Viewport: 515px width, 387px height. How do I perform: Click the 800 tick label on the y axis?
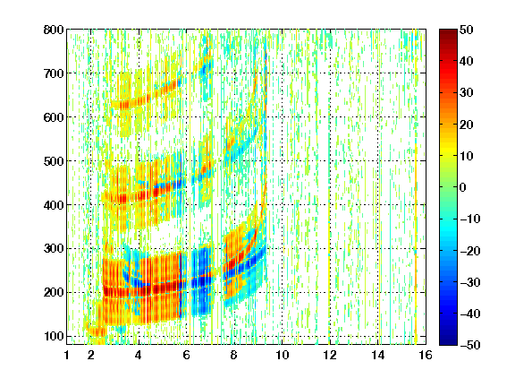[x=54, y=30]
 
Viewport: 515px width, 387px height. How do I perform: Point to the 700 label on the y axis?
[x=54, y=73]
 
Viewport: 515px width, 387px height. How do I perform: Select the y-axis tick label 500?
[x=54, y=161]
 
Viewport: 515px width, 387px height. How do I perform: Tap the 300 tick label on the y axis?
[x=54, y=249]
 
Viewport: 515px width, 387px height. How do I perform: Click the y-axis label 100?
[x=54, y=336]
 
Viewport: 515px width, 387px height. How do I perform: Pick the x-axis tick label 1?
[x=67, y=355]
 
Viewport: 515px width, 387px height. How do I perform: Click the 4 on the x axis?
[x=139, y=355]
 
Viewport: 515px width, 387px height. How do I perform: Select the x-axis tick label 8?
[x=234, y=355]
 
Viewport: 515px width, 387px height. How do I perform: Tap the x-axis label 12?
[x=330, y=355]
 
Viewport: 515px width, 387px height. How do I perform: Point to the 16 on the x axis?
[x=426, y=355]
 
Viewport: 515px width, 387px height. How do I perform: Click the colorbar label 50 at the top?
[x=467, y=30]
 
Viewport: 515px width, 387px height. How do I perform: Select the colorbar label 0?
[x=463, y=187]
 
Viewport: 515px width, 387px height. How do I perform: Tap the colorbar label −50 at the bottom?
[x=470, y=345]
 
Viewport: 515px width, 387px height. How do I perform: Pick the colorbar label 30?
[x=467, y=93]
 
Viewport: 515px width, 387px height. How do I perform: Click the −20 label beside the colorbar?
[x=470, y=251]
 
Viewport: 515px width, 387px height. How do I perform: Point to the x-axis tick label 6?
[x=186, y=355]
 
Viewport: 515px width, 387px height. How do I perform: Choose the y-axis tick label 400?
[x=54, y=205]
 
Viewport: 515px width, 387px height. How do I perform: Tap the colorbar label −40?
[x=470, y=314]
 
